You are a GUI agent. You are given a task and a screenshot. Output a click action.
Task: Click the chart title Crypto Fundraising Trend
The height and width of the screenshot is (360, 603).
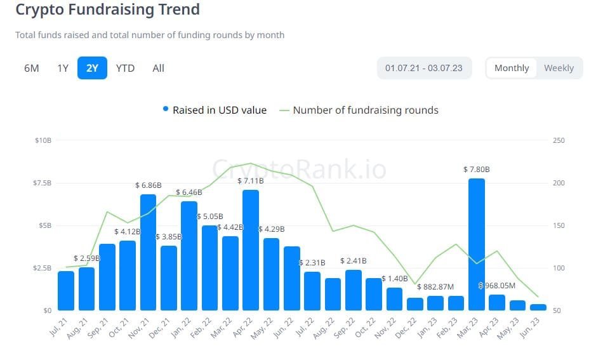[107, 10]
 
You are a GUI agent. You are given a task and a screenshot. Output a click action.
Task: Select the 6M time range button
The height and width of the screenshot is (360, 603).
[32, 68]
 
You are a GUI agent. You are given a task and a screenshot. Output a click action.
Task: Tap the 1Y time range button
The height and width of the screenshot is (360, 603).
[63, 68]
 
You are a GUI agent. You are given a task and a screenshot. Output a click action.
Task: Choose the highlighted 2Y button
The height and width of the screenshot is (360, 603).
[93, 68]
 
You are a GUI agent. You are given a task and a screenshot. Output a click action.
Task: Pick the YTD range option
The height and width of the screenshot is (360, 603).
[125, 68]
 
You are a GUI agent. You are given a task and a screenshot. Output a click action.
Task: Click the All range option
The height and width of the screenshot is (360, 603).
[158, 68]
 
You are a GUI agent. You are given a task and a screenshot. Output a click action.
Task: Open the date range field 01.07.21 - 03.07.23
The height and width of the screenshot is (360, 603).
[423, 68]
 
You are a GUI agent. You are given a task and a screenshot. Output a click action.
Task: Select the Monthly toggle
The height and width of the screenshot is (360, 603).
[512, 68]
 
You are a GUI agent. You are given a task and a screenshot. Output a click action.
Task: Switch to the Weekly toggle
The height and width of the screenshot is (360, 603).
[559, 68]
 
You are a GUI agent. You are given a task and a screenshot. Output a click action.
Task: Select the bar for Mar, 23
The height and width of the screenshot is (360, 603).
[476, 244]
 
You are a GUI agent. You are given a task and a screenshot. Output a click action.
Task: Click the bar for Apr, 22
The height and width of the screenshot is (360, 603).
[251, 250]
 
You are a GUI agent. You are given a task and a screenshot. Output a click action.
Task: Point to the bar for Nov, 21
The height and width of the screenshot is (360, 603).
[148, 253]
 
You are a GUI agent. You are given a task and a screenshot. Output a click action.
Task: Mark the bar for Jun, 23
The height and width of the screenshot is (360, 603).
[538, 307]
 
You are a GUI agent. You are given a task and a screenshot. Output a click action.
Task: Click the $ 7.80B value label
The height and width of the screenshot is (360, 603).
[477, 170]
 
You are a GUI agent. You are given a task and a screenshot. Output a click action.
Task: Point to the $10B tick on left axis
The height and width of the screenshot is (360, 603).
[43, 140]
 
